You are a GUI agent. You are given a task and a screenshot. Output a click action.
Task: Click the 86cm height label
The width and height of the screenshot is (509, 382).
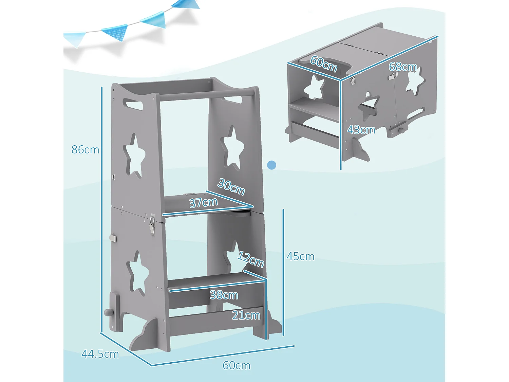85,149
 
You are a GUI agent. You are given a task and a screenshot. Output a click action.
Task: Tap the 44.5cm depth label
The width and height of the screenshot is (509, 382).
100,354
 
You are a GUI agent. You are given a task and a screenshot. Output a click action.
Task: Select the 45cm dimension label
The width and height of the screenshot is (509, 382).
300,256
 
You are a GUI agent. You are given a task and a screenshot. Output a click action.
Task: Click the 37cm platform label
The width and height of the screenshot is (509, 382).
203,202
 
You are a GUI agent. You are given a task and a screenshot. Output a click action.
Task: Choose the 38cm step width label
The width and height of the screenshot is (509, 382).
224,295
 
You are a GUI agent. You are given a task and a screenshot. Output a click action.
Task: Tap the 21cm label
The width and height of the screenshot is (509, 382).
246,315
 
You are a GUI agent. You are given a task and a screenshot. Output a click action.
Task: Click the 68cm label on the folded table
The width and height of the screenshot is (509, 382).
403,67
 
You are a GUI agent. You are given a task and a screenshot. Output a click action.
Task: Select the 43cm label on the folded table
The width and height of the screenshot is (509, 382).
361,130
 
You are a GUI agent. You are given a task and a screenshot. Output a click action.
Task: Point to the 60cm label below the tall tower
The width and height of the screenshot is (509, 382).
237,365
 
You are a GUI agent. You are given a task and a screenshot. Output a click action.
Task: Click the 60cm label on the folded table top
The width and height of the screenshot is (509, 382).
324,63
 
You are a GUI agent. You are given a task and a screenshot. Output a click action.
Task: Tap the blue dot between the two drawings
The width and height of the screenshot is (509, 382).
271,165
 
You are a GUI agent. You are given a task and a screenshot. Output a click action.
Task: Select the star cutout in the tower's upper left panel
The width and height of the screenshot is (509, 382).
135,156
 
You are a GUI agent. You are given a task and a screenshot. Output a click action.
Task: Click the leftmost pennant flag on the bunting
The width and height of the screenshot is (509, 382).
75,38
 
